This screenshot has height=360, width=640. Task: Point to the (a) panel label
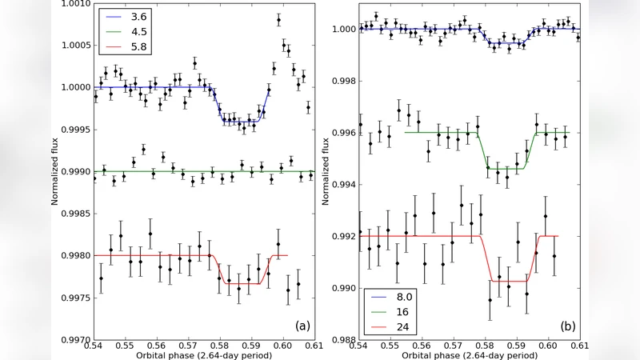pos(303,326)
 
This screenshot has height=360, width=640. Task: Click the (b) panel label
pos(567,326)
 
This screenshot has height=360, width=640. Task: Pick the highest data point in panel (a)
pos(278,19)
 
